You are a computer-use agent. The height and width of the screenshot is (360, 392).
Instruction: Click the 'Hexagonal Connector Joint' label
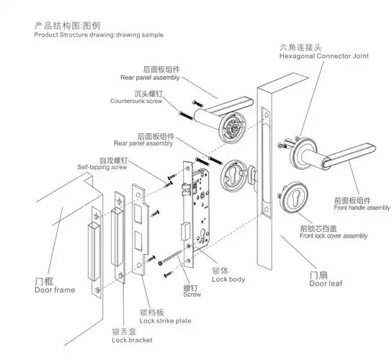point(324,56)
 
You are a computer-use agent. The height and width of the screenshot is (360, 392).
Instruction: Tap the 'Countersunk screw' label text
point(136,102)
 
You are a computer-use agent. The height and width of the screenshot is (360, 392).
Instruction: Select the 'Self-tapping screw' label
point(102,167)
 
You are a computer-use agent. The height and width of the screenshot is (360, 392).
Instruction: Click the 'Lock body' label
point(228,279)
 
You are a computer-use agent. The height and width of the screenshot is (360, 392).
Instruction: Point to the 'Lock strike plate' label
point(166,321)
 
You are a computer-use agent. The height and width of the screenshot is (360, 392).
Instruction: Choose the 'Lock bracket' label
point(132,340)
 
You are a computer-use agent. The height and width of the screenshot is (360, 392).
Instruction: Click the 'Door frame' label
point(55,290)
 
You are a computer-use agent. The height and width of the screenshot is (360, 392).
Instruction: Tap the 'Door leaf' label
point(326,284)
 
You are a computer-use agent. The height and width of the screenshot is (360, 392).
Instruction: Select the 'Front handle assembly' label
point(362,207)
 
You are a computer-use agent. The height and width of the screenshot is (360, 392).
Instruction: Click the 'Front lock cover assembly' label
point(334,236)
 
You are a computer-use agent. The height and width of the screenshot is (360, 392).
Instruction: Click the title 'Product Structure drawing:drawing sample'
point(99,35)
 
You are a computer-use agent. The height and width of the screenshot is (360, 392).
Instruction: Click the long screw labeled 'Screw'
point(170,257)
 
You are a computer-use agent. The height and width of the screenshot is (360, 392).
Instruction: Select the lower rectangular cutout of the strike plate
point(138,240)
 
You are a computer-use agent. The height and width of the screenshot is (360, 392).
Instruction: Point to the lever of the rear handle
point(229,106)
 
